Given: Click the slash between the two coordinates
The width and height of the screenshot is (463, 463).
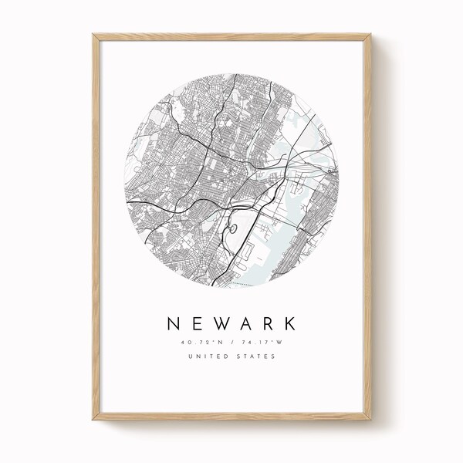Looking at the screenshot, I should (231, 340).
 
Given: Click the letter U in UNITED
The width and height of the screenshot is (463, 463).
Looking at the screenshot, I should (191, 356).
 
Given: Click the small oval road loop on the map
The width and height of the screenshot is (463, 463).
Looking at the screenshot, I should (230, 228).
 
